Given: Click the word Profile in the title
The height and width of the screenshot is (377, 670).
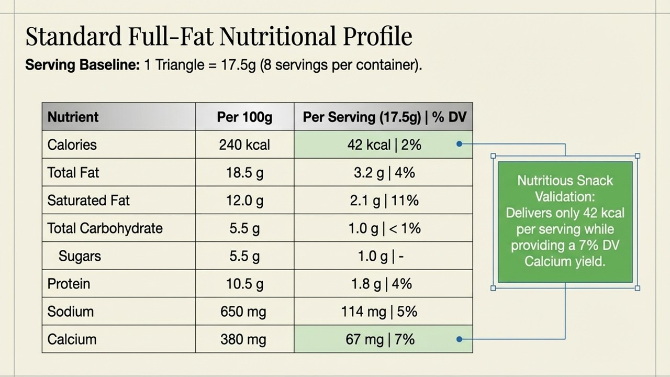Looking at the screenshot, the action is pyautogui.click(x=377, y=36).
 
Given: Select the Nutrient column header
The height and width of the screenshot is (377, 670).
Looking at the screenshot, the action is pyautogui.click(x=73, y=117).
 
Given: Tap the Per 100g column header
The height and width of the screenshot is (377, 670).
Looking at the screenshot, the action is pyautogui.click(x=244, y=117).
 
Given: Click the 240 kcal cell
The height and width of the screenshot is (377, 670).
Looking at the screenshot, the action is pyautogui.click(x=244, y=145).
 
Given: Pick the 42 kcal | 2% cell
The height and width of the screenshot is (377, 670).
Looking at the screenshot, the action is pyautogui.click(x=384, y=145).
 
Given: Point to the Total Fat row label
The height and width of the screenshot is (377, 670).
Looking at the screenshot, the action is pyautogui.click(x=73, y=173).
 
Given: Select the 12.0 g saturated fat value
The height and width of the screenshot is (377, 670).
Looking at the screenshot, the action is pyautogui.click(x=244, y=201).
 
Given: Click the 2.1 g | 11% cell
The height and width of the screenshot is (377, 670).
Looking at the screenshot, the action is pyautogui.click(x=384, y=201).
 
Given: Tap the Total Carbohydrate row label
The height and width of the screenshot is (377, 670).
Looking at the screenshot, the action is pyautogui.click(x=105, y=228).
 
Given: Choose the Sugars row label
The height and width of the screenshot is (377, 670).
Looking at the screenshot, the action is pyautogui.click(x=80, y=256).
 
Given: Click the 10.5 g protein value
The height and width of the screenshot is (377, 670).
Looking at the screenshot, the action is pyautogui.click(x=244, y=284).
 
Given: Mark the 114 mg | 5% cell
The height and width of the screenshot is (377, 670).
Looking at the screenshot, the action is pyautogui.click(x=379, y=312).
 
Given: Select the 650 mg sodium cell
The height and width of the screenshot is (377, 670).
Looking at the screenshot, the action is pyautogui.click(x=243, y=312).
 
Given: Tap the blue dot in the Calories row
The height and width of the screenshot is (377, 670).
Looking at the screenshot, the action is pyautogui.click(x=460, y=144).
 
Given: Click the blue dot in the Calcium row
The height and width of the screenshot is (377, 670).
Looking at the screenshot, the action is pyautogui.click(x=460, y=339).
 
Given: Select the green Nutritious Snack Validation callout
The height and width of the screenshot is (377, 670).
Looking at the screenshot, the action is pyautogui.click(x=565, y=222).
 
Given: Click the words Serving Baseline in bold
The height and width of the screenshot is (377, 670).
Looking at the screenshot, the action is pyautogui.click(x=83, y=65).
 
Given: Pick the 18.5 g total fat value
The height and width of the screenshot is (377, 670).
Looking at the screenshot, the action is pyautogui.click(x=244, y=173).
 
